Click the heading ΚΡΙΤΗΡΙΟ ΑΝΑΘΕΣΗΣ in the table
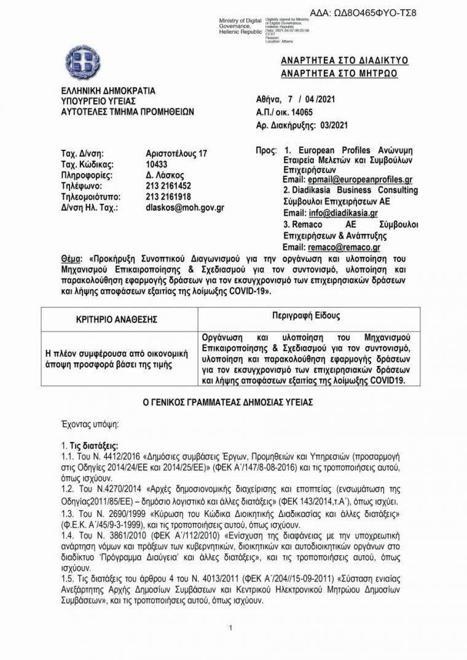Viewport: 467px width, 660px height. tap(117, 319)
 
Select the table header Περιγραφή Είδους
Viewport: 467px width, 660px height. tap(305, 316)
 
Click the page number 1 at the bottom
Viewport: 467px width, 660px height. tap(230, 628)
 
